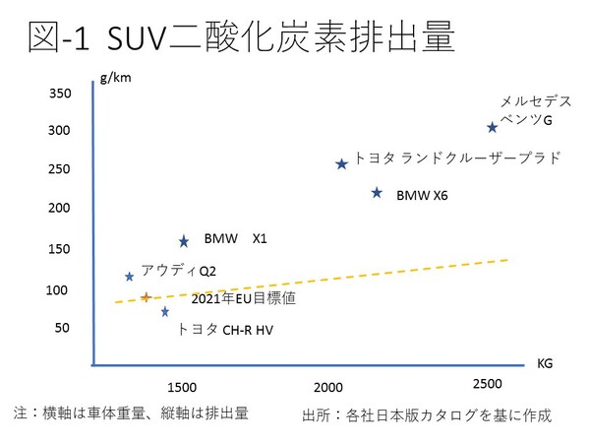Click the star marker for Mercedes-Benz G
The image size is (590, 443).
tap(492, 127)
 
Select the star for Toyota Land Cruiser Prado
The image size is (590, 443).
tap(341, 164)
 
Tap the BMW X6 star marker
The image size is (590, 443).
tap(377, 193)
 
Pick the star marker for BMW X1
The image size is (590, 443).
tap(184, 241)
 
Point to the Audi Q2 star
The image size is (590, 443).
tap(129, 277)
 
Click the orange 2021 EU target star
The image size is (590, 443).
tap(147, 296)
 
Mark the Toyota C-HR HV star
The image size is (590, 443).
tap(165, 312)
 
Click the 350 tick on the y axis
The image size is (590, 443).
tap(61, 94)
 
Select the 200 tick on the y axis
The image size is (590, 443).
tap(61, 208)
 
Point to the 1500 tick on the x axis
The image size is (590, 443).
tap(183, 384)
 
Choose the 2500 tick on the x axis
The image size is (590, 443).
tap(487, 383)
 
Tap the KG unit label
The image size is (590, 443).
tap(545, 363)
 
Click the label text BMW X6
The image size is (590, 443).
tap(422, 196)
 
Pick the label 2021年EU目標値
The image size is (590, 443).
tap(244, 297)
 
